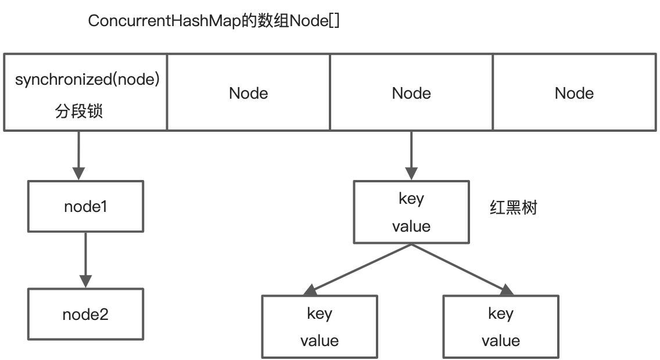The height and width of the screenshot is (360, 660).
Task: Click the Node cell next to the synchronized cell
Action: pos(248,93)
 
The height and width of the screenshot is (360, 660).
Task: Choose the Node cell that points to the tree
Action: pos(411,93)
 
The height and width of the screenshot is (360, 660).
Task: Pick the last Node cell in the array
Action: pos(574,93)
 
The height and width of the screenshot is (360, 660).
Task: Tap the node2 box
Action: pos(86,315)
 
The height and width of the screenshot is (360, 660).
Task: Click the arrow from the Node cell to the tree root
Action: pos(411,154)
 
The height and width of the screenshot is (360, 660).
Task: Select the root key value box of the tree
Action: pos(411,212)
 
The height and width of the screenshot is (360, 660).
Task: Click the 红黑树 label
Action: pos(513,208)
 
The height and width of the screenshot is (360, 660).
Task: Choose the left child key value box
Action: pos(320,326)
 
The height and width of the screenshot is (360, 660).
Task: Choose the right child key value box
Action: pos(501,326)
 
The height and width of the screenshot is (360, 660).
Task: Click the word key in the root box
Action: pos(411,199)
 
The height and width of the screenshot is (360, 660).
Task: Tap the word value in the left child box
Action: pos(320,340)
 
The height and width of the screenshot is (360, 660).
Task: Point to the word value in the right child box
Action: pos(501,340)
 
